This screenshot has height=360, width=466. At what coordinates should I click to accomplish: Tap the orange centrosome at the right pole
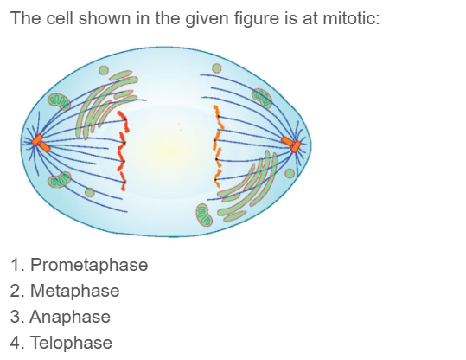click(x=297, y=145)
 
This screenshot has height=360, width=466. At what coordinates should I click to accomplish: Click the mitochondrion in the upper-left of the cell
click(x=58, y=102)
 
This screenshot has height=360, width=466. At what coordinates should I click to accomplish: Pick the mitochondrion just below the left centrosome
click(x=60, y=179)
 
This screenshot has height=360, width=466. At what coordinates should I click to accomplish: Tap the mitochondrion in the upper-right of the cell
click(x=262, y=98)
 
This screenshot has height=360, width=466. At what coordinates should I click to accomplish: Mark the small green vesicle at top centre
click(x=217, y=68)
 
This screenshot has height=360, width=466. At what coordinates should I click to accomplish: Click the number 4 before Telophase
click(x=16, y=343)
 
